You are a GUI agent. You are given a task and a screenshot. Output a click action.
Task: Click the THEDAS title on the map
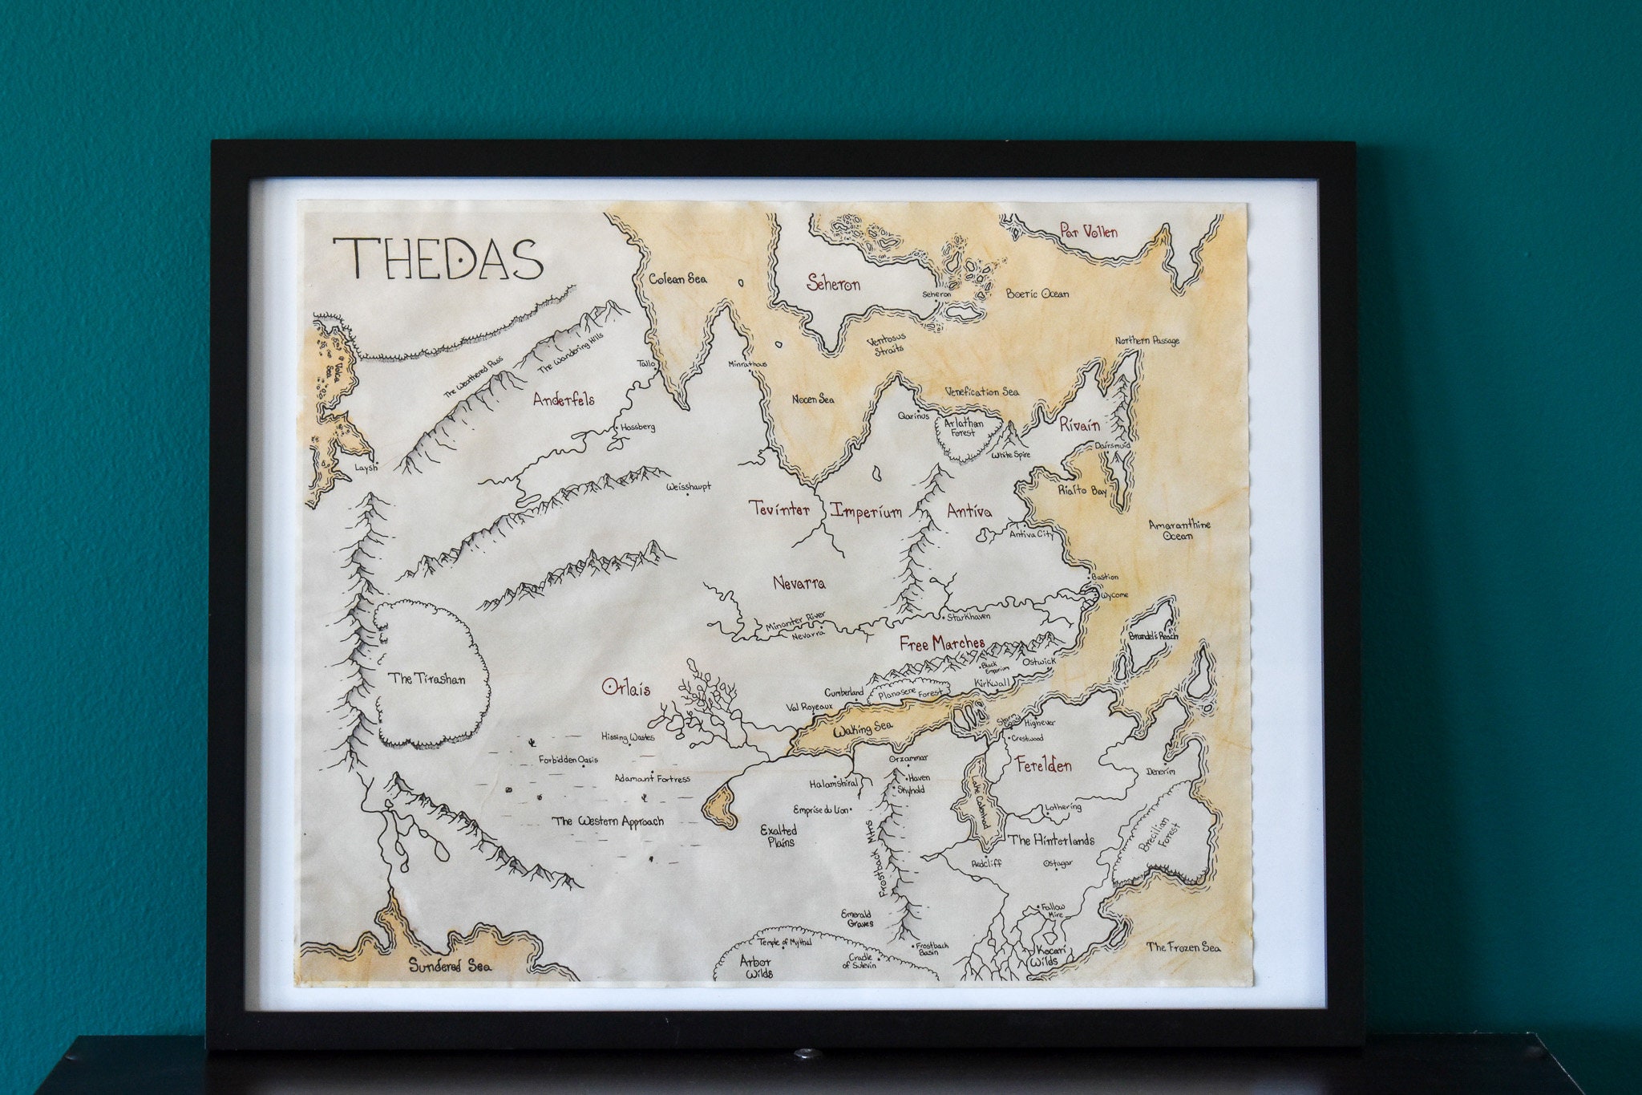[439, 259]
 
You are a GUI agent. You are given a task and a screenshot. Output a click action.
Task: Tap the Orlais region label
[626, 688]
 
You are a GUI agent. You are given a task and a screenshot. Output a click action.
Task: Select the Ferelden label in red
[1043, 765]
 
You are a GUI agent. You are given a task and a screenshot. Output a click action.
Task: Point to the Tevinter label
[779, 509]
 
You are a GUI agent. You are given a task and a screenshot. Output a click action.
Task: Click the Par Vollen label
[1088, 232]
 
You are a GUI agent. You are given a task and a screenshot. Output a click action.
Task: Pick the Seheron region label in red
[833, 283]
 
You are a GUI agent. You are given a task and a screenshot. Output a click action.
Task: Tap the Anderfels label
[564, 399]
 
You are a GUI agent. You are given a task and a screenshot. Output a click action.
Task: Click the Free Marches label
[941, 643]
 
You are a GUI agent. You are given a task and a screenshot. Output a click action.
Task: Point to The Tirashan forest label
[427, 679]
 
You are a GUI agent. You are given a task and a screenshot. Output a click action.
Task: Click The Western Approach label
[608, 821]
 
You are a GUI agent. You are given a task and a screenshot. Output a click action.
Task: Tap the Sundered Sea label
[450, 966]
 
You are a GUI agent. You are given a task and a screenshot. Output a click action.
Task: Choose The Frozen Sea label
[1183, 947]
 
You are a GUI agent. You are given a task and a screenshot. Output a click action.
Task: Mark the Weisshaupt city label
[688, 486]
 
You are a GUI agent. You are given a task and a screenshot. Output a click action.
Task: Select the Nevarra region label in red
[799, 583]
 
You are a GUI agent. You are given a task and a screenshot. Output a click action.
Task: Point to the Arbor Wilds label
[755, 967]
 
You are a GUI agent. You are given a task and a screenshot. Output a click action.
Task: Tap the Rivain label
[1079, 425]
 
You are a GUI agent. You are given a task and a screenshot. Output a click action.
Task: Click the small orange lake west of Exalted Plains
[720, 807]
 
